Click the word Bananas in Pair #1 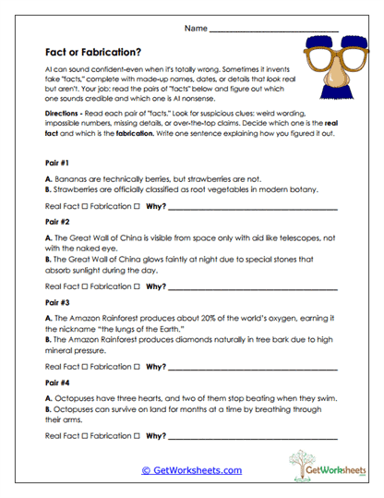coord(71,176)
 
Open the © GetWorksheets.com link coord(192,470)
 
